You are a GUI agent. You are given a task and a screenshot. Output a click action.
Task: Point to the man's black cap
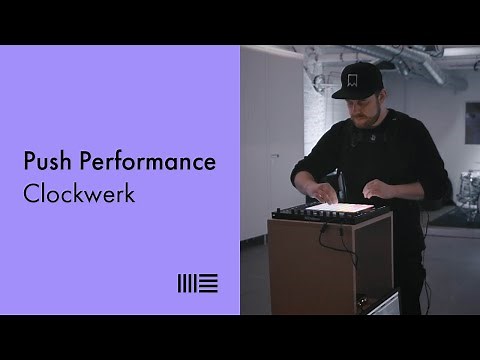click(x=359, y=81)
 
